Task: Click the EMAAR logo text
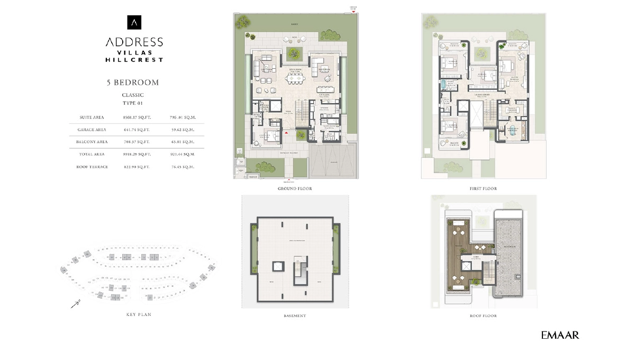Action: pyautogui.click(x=560, y=335)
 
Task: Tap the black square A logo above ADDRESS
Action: pyautogui.click(x=134, y=22)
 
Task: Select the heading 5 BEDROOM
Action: pyautogui.click(x=133, y=83)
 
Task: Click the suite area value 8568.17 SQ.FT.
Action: pyautogui.click(x=137, y=117)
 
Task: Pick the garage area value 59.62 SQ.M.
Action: pyautogui.click(x=183, y=130)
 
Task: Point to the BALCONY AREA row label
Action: pyautogui.click(x=93, y=142)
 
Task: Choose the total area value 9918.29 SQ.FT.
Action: pyautogui.click(x=137, y=154)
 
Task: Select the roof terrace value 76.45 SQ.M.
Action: pyautogui.click(x=183, y=167)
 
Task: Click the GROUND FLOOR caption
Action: pyautogui.click(x=295, y=189)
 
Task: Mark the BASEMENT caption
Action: pyautogui.click(x=295, y=316)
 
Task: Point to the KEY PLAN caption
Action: pyautogui.click(x=139, y=314)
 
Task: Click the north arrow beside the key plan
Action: pyautogui.click(x=75, y=304)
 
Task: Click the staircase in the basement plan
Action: pyautogui.click(x=300, y=273)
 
